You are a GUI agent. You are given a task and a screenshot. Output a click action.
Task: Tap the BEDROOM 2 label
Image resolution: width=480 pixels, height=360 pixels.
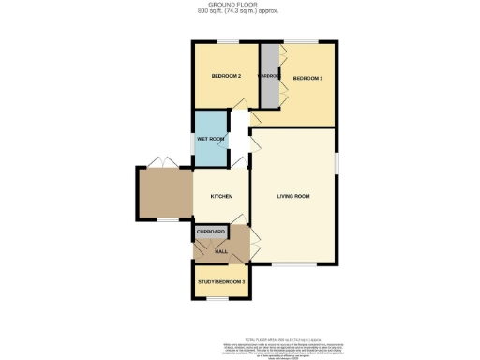227,76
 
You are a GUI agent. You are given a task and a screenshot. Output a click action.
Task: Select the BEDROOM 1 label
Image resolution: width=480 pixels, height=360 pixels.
308,78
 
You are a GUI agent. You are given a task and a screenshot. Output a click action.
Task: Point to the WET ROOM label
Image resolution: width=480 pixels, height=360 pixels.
210,139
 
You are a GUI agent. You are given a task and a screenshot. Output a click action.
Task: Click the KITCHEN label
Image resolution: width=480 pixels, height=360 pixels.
221,196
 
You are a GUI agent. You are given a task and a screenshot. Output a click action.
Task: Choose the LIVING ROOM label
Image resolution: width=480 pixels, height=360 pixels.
293,196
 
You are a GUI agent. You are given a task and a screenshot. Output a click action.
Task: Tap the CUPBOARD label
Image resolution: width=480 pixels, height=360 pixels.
211,231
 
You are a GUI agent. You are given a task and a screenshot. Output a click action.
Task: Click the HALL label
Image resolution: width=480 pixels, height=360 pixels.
221,251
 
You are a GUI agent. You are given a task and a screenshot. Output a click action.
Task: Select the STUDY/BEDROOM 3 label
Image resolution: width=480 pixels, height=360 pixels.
221,281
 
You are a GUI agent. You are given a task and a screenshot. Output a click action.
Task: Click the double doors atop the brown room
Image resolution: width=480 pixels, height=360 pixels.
165,160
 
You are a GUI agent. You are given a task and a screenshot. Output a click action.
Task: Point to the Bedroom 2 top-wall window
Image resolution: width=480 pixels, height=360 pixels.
225,42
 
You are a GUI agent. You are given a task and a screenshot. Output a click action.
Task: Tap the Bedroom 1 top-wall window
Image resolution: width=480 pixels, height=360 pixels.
301,42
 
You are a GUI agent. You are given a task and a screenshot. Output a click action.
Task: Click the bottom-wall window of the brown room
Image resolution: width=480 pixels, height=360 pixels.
164,221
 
